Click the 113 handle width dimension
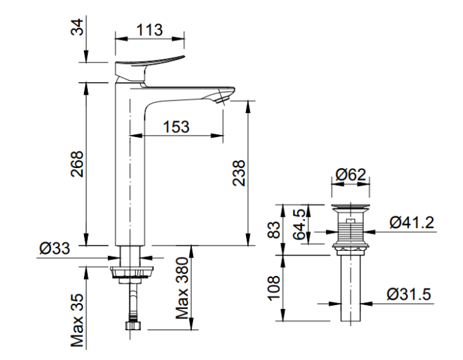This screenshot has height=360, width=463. tap(149, 28)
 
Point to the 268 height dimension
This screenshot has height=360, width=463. tap(78, 163)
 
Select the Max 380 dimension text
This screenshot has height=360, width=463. tap(183, 287)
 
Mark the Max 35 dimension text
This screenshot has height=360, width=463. tap(77, 320)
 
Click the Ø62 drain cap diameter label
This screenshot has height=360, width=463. tap(351, 175)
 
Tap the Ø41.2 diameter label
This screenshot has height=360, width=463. tap(411, 222)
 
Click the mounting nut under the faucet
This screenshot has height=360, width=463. tap(133, 271)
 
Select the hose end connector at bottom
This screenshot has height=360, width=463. tap(134, 324)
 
